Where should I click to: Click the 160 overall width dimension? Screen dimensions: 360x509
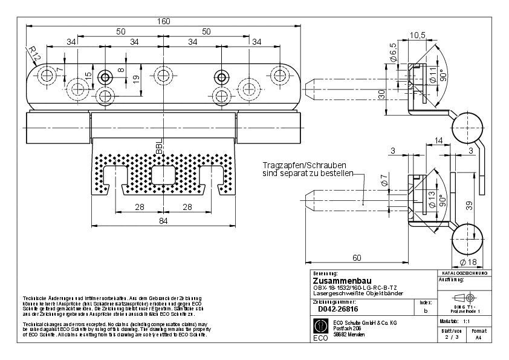coord(163,21)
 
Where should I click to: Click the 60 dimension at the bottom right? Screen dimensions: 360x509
coord(357,258)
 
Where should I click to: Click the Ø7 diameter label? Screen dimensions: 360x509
coord(384,180)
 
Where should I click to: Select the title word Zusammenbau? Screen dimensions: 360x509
coord(337,281)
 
